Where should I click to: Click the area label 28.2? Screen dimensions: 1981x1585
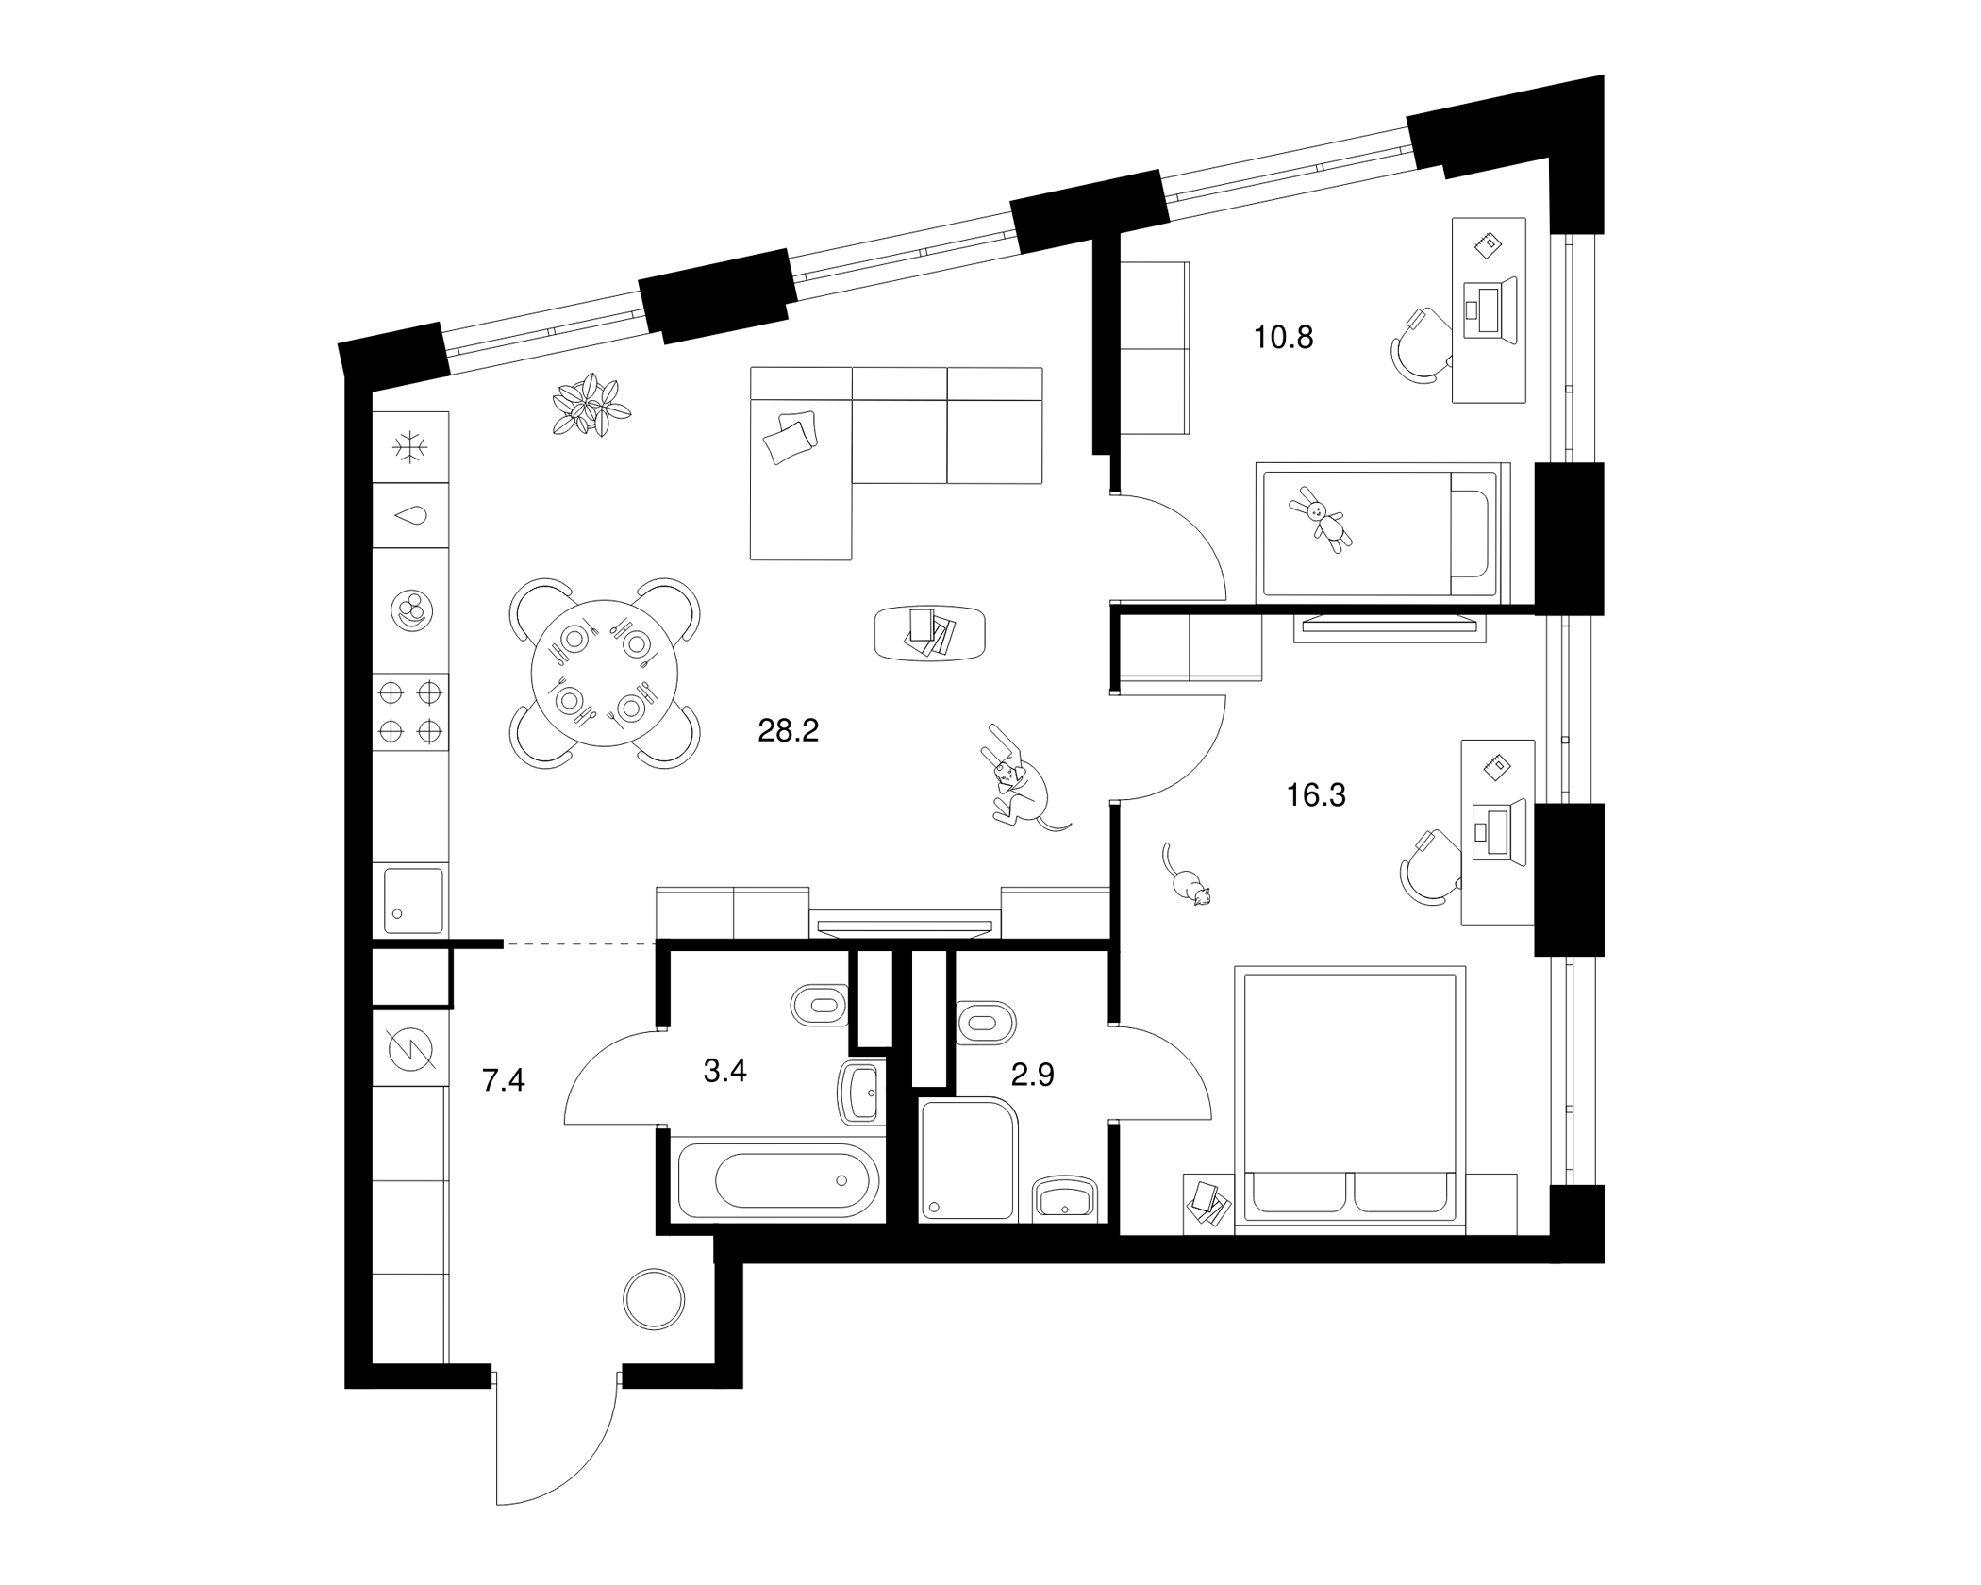789,730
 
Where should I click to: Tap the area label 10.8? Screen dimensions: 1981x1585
1283,337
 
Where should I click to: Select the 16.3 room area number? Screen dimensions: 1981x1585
1316,795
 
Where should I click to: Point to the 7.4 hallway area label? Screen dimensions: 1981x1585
504,1080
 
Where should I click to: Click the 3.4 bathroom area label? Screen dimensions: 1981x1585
725,1071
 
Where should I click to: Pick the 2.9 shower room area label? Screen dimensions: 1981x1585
1032,1075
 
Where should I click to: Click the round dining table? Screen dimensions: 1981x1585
605,673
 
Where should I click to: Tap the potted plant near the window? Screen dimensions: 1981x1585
591,405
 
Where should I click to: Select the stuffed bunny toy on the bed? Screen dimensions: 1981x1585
1321,519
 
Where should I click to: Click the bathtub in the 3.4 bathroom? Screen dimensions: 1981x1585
779,1178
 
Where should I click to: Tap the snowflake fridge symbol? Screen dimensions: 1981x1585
410,447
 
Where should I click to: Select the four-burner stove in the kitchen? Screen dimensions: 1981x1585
410,712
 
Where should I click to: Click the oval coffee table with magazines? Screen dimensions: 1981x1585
930,631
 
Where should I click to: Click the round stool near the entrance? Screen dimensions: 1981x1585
654,1299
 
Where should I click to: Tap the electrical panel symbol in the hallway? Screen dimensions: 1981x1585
410,1048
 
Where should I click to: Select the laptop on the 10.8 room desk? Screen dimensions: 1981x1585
1490,308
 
